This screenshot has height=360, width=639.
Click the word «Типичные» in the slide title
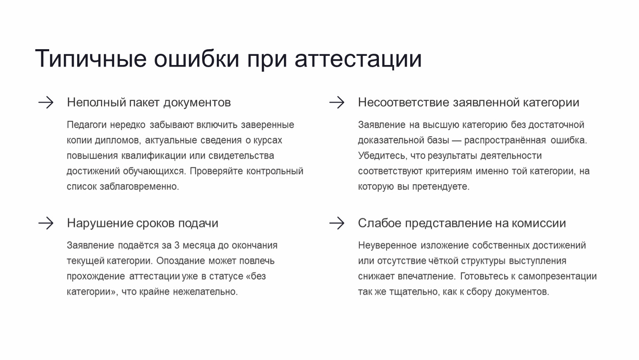pos(91,59)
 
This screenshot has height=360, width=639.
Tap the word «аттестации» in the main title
pos(358,59)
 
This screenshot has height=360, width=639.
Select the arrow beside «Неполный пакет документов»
pos(46,102)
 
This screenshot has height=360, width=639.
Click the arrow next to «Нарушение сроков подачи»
pos(46,223)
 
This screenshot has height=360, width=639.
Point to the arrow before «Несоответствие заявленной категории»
pos(337,102)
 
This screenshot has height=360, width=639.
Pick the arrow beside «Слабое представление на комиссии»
pos(337,223)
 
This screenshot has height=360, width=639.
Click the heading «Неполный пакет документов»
pos(149,102)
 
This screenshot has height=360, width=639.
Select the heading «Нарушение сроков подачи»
pos(143,223)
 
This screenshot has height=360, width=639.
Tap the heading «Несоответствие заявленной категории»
pos(469,102)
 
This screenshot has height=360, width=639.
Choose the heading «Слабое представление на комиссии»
pos(462,223)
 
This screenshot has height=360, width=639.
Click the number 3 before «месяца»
pos(177,245)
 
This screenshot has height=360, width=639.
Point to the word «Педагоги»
pos(86,125)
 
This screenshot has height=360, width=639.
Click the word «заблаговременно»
pos(139,187)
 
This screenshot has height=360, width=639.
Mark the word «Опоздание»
pos(180,261)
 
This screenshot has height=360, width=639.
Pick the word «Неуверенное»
pos(387,245)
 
